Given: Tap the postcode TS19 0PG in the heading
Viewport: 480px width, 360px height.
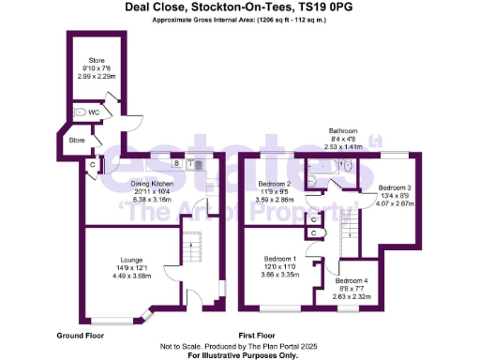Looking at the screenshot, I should point(322,7).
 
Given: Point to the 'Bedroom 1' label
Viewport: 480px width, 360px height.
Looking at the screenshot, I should point(279,259).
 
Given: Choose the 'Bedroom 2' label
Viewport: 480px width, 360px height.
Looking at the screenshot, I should point(276,185).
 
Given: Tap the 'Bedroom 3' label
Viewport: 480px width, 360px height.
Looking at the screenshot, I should point(395,187).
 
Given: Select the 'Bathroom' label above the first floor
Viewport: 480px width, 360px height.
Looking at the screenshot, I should point(343,131).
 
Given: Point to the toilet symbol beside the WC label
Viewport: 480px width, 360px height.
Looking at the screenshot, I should point(87,112).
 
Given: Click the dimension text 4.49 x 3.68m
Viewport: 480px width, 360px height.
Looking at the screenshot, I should point(131,276).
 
